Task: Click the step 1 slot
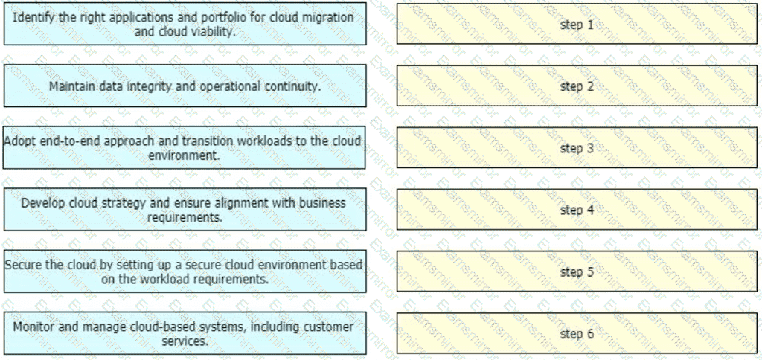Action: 577,24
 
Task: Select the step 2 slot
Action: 577,86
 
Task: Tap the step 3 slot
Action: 577,147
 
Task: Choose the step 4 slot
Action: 577,210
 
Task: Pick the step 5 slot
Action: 577,271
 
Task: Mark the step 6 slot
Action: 577,333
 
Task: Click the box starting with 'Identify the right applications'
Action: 185,24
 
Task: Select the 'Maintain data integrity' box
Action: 185,86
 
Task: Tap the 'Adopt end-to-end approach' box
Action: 185,148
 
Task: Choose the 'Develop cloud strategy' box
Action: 185,210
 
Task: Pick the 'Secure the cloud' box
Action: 185,271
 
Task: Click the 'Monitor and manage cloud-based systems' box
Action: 185,333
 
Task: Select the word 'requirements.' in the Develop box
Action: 185,218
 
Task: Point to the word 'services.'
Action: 185,341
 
